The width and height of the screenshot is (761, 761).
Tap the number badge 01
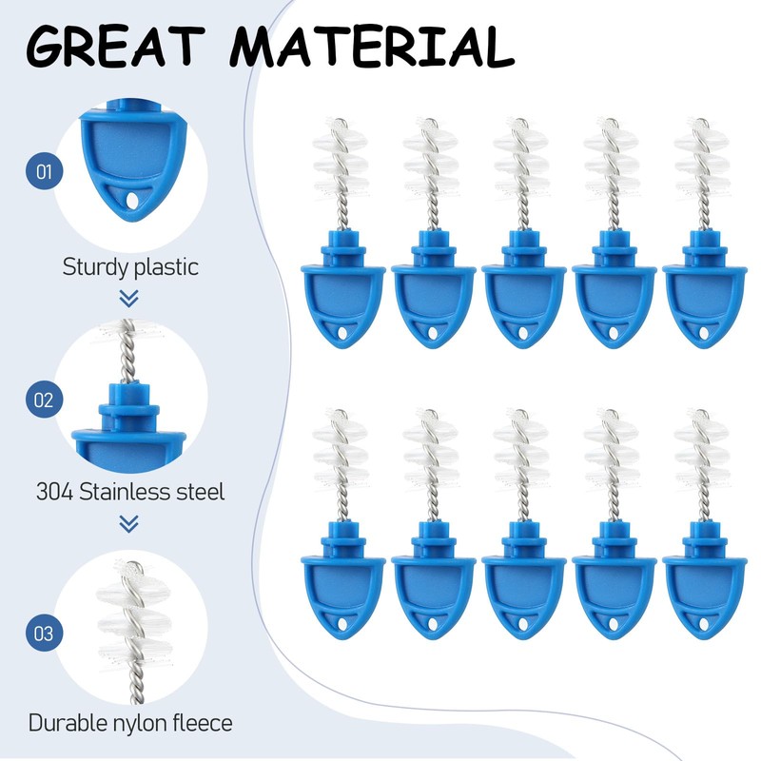coord(44,173)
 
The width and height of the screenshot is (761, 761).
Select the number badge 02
coord(44,400)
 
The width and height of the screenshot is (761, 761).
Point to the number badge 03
coord(44,631)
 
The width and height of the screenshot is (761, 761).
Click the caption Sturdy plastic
coord(130,266)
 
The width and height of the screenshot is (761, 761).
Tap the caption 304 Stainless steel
coord(130,493)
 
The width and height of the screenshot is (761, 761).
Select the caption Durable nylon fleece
coord(130,723)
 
